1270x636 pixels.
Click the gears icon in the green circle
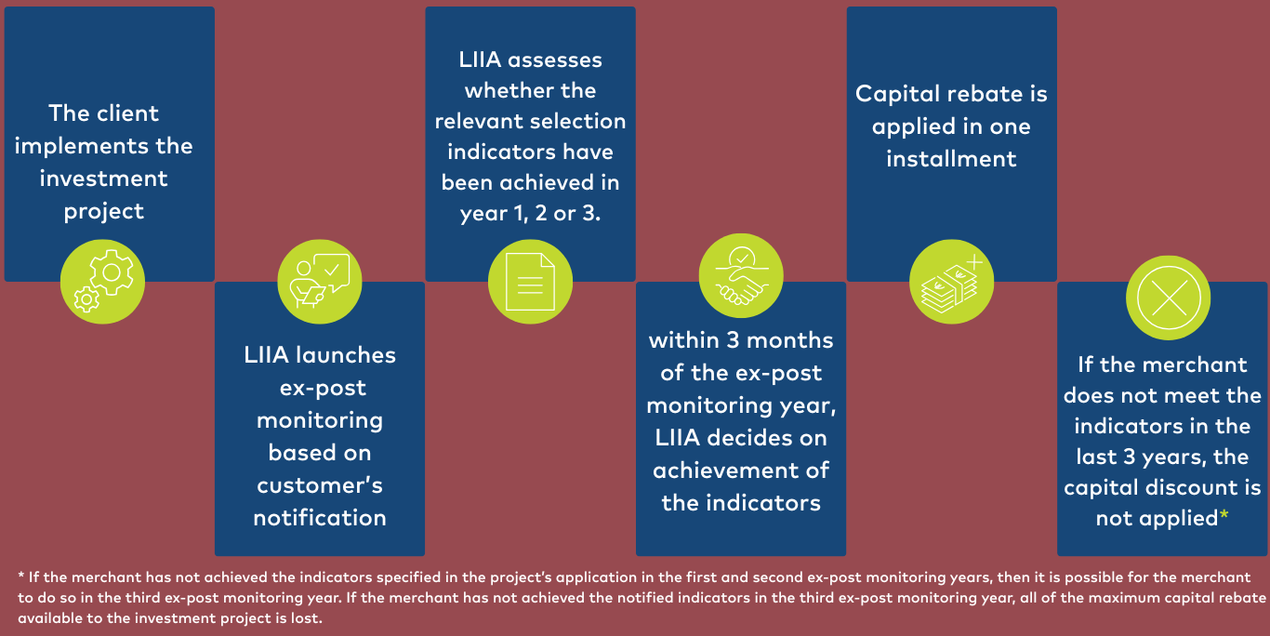102,281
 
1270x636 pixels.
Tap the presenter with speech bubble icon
320,281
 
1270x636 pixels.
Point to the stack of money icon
951,281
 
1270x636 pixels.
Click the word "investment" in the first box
103,179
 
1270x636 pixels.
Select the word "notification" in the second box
320,517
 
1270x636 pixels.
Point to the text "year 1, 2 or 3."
530,213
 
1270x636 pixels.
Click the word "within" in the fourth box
683,340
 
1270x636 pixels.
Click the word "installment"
951,158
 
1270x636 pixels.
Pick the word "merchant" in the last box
1196,364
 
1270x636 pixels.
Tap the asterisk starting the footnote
21,577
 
